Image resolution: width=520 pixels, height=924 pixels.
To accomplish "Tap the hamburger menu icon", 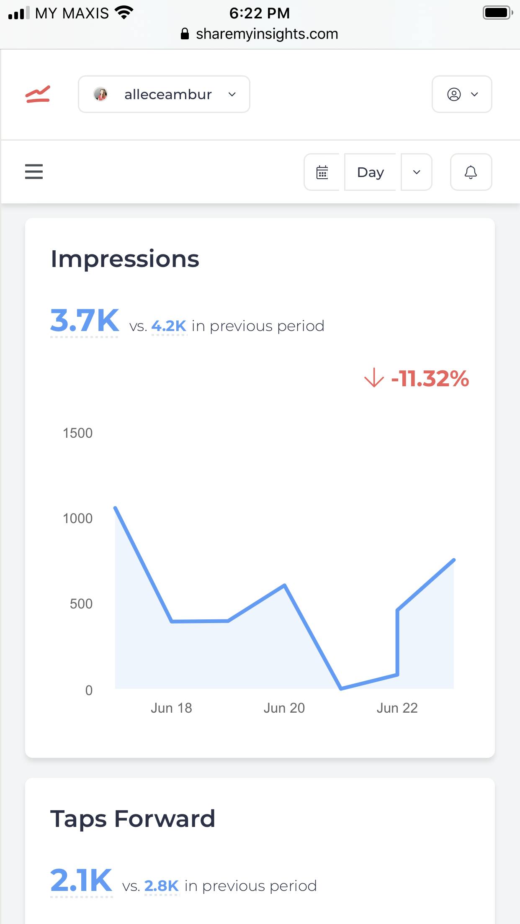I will click(x=34, y=172).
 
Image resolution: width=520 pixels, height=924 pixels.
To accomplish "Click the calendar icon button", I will click(x=322, y=172).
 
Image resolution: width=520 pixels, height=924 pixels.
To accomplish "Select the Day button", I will click(x=370, y=172).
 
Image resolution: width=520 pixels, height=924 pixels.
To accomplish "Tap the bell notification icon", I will click(x=471, y=172).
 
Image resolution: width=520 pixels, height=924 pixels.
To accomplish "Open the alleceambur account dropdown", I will click(x=164, y=94).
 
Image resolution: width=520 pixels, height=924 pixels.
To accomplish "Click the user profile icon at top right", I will click(x=461, y=94).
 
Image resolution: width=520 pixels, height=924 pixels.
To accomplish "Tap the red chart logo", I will click(x=38, y=94).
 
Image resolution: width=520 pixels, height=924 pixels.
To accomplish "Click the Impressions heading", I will click(x=125, y=259).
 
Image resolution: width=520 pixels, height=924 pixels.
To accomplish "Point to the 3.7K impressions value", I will click(x=85, y=321).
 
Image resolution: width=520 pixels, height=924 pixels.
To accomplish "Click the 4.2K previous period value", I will click(x=169, y=326).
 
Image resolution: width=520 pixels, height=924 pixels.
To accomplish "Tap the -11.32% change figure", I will click(x=430, y=378).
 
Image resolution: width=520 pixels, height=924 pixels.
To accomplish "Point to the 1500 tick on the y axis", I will click(x=77, y=433).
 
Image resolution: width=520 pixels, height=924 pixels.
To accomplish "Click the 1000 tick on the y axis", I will click(x=77, y=518).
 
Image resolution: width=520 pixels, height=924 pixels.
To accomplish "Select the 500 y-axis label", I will click(x=81, y=604).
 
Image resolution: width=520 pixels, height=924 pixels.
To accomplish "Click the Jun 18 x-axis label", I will click(x=171, y=708).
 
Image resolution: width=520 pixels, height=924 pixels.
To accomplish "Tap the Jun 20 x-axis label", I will click(x=284, y=708).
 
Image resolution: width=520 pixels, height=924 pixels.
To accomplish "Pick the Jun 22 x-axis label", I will click(x=397, y=708).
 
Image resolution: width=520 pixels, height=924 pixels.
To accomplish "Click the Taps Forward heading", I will click(x=133, y=819).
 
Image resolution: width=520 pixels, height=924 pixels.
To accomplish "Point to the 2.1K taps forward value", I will click(x=81, y=880).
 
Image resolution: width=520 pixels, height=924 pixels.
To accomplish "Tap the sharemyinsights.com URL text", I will click(x=267, y=34).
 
